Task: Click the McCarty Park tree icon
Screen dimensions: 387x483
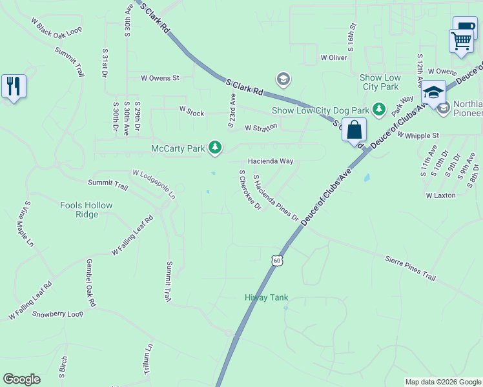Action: point(215,149)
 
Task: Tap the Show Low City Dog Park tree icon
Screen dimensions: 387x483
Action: point(380,110)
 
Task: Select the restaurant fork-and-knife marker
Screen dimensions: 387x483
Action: point(14,86)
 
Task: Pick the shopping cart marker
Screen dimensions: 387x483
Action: point(461,40)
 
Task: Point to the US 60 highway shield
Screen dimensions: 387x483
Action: point(277,260)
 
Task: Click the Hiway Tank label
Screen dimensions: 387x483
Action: point(266,297)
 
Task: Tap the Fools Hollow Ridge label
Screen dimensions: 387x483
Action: point(86,210)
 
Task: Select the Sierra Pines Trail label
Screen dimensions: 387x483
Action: point(411,267)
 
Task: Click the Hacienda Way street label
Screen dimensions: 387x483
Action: point(271,161)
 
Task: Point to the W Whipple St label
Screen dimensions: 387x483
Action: point(418,135)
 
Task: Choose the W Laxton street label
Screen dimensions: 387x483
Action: point(441,195)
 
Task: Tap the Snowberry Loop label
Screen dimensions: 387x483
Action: point(58,314)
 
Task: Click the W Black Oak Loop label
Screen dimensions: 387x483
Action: point(57,30)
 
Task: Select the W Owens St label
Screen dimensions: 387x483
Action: point(160,78)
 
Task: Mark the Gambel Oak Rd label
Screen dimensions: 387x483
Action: point(92,283)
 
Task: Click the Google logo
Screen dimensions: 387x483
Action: point(21,379)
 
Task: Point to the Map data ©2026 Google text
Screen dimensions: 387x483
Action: point(443,382)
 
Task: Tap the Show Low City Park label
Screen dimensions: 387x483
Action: point(380,82)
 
